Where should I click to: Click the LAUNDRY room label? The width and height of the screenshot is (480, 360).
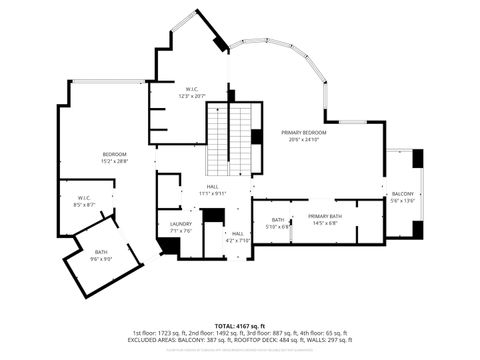[181, 227]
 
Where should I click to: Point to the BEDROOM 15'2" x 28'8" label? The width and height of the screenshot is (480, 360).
[114, 156]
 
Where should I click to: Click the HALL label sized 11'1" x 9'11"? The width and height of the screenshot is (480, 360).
[213, 190]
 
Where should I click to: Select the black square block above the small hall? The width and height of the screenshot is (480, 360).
[212, 215]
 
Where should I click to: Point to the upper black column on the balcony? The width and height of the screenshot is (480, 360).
[418, 159]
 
